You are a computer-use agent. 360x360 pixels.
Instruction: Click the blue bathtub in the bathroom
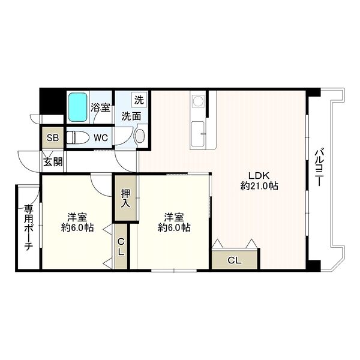tap(78, 107)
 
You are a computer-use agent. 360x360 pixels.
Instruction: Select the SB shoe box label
tap(53, 138)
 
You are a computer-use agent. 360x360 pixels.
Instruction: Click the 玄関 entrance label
tap(53, 162)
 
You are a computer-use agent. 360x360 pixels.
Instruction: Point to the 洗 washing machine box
tap(139, 100)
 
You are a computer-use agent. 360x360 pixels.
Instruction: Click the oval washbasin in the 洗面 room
tap(140, 136)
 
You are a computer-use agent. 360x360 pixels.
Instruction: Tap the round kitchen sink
tap(197, 101)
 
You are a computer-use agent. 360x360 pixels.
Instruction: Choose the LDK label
tap(259, 176)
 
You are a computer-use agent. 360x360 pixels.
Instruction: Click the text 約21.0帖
tap(259, 186)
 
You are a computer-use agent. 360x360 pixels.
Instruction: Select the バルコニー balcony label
tap(319, 167)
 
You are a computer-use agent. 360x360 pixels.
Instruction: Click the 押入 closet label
tap(125, 199)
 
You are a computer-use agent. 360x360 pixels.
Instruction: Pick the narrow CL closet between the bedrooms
tap(121, 247)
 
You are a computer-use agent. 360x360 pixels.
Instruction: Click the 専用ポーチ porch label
tap(29, 227)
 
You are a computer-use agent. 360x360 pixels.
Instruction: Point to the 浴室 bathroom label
tap(100, 107)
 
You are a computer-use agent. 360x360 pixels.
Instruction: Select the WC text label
tap(101, 138)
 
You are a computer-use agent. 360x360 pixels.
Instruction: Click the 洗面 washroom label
tap(131, 116)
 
